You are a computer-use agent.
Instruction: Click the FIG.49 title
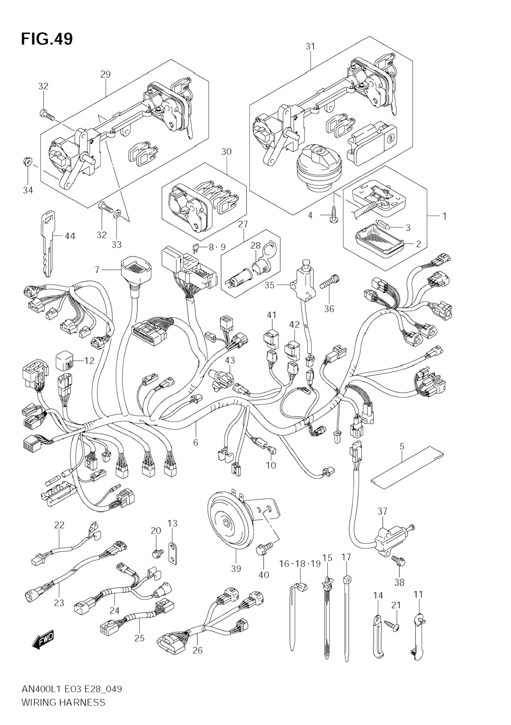tap(47, 39)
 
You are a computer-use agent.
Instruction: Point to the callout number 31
tap(310, 46)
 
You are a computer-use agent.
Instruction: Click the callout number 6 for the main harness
tap(195, 442)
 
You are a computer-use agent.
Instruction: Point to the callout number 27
tap(243, 224)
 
